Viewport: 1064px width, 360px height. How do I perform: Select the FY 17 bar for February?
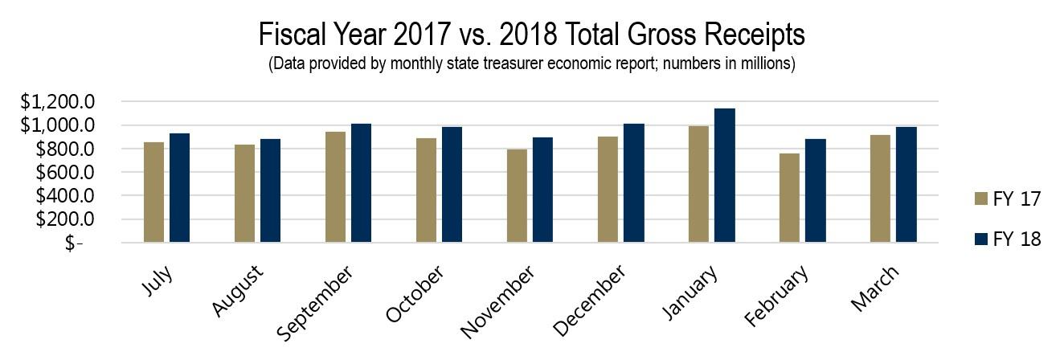coord(789,198)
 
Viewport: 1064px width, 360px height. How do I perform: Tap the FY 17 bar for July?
coord(153,192)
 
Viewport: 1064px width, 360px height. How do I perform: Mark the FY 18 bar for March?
coord(906,184)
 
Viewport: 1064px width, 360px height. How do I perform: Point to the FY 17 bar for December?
coord(608,190)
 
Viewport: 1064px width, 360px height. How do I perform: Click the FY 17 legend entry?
coord(1007,199)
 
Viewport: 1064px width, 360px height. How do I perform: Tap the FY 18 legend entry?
coord(1007,239)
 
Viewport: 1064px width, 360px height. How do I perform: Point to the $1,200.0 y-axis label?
coord(59,102)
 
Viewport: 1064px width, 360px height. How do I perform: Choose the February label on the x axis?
coord(776,298)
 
